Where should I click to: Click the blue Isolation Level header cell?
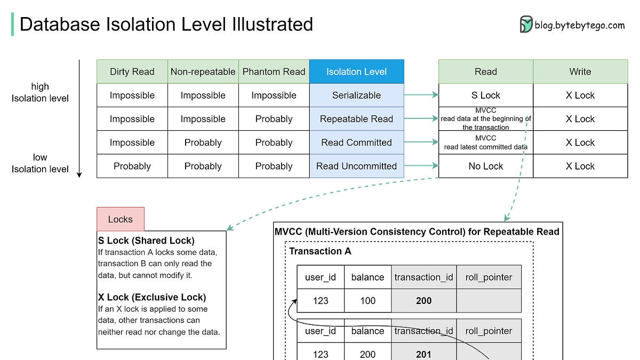coord(356,71)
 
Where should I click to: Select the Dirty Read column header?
coord(132,71)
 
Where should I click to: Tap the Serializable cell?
coord(356,95)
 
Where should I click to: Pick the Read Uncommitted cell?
coord(356,166)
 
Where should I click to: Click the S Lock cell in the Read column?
coord(485,95)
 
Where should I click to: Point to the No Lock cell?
coord(485,166)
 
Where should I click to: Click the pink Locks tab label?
coord(120,219)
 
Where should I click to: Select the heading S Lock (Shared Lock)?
coord(146,241)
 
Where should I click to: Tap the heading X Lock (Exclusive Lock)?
coord(152,297)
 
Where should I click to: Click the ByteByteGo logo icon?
coord(526,25)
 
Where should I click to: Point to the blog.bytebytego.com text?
coord(579,25)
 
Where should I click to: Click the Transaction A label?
coord(320,251)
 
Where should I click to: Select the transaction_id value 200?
coord(423,301)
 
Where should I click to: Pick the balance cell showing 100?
coord(367,301)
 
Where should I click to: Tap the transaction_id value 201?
coord(423,354)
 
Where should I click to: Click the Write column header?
coord(580,71)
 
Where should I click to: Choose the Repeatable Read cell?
coord(356,119)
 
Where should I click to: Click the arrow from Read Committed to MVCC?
coord(421,142)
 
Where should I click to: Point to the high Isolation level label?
coord(40,92)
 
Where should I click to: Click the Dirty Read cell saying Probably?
coord(132,166)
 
